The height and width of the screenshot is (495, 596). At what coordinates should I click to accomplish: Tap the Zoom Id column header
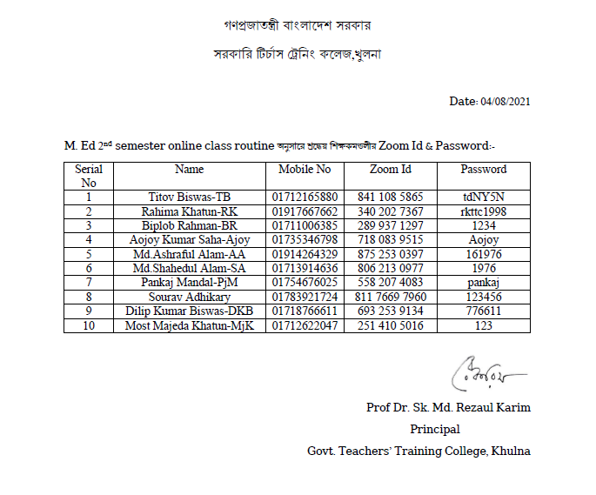tap(390, 169)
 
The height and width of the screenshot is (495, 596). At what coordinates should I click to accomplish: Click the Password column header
tap(484, 169)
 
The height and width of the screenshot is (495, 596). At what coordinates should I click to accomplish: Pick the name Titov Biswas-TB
tap(190, 197)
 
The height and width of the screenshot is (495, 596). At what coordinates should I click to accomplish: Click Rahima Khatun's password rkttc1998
tap(484, 211)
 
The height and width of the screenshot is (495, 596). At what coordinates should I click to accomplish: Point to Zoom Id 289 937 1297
tap(391, 225)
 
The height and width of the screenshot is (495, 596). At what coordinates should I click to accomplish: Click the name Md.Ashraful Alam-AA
tap(190, 253)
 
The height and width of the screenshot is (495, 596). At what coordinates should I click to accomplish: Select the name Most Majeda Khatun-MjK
tap(190, 325)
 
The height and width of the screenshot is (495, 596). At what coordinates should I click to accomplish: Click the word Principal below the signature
tap(435, 429)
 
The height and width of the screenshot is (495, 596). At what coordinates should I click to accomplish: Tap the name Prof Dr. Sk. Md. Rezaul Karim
tap(448, 408)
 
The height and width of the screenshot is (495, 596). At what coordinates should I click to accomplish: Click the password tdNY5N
tap(484, 197)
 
